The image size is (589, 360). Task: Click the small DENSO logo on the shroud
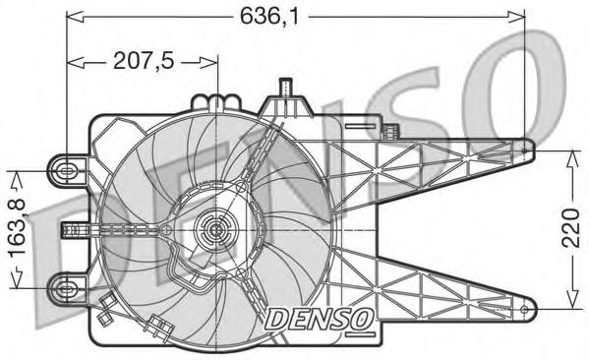[318, 317]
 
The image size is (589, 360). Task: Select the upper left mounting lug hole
[66, 170]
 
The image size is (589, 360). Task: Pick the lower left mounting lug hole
[66, 288]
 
